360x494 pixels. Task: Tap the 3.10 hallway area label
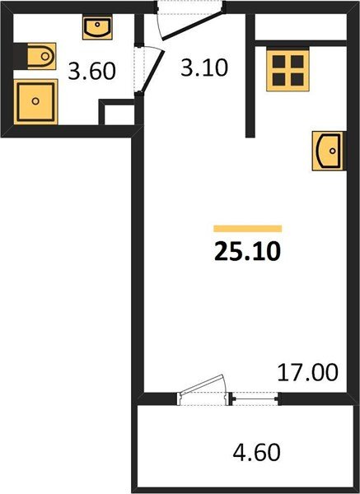coord(199,66)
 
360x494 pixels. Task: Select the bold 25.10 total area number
coord(247,249)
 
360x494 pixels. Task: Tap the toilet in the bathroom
coord(36,57)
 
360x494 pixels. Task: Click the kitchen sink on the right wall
coord(327,150)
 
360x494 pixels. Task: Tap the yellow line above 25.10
coord(247,228)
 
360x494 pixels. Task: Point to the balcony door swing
coord(203,387)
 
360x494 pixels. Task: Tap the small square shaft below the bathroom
coord(118,113)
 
